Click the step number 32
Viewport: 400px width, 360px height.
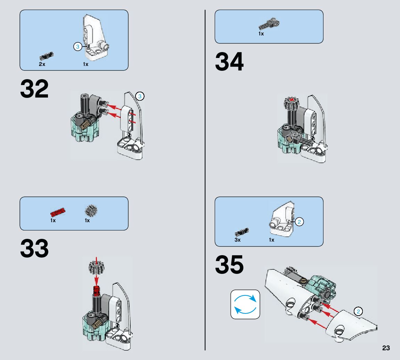point(34,89)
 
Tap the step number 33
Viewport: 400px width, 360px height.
point(34,249)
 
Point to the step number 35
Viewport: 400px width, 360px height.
point(229,265)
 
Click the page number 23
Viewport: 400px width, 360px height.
point(386,348)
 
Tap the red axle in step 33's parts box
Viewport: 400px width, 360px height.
point(58,212)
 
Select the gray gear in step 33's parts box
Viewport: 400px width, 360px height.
point(91,210)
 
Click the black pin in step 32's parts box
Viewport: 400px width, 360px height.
point(47,56)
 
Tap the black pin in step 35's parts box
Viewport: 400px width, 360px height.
point(242,232)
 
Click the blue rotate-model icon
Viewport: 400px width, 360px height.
point(245,304)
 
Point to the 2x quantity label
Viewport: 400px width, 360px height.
point(42,65)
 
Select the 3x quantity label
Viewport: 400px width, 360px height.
point(237,240)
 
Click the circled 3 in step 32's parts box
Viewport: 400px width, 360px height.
point(78,47)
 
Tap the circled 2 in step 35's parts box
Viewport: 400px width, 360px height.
point(300,222)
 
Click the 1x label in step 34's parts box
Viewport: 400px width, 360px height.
point(261,34)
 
